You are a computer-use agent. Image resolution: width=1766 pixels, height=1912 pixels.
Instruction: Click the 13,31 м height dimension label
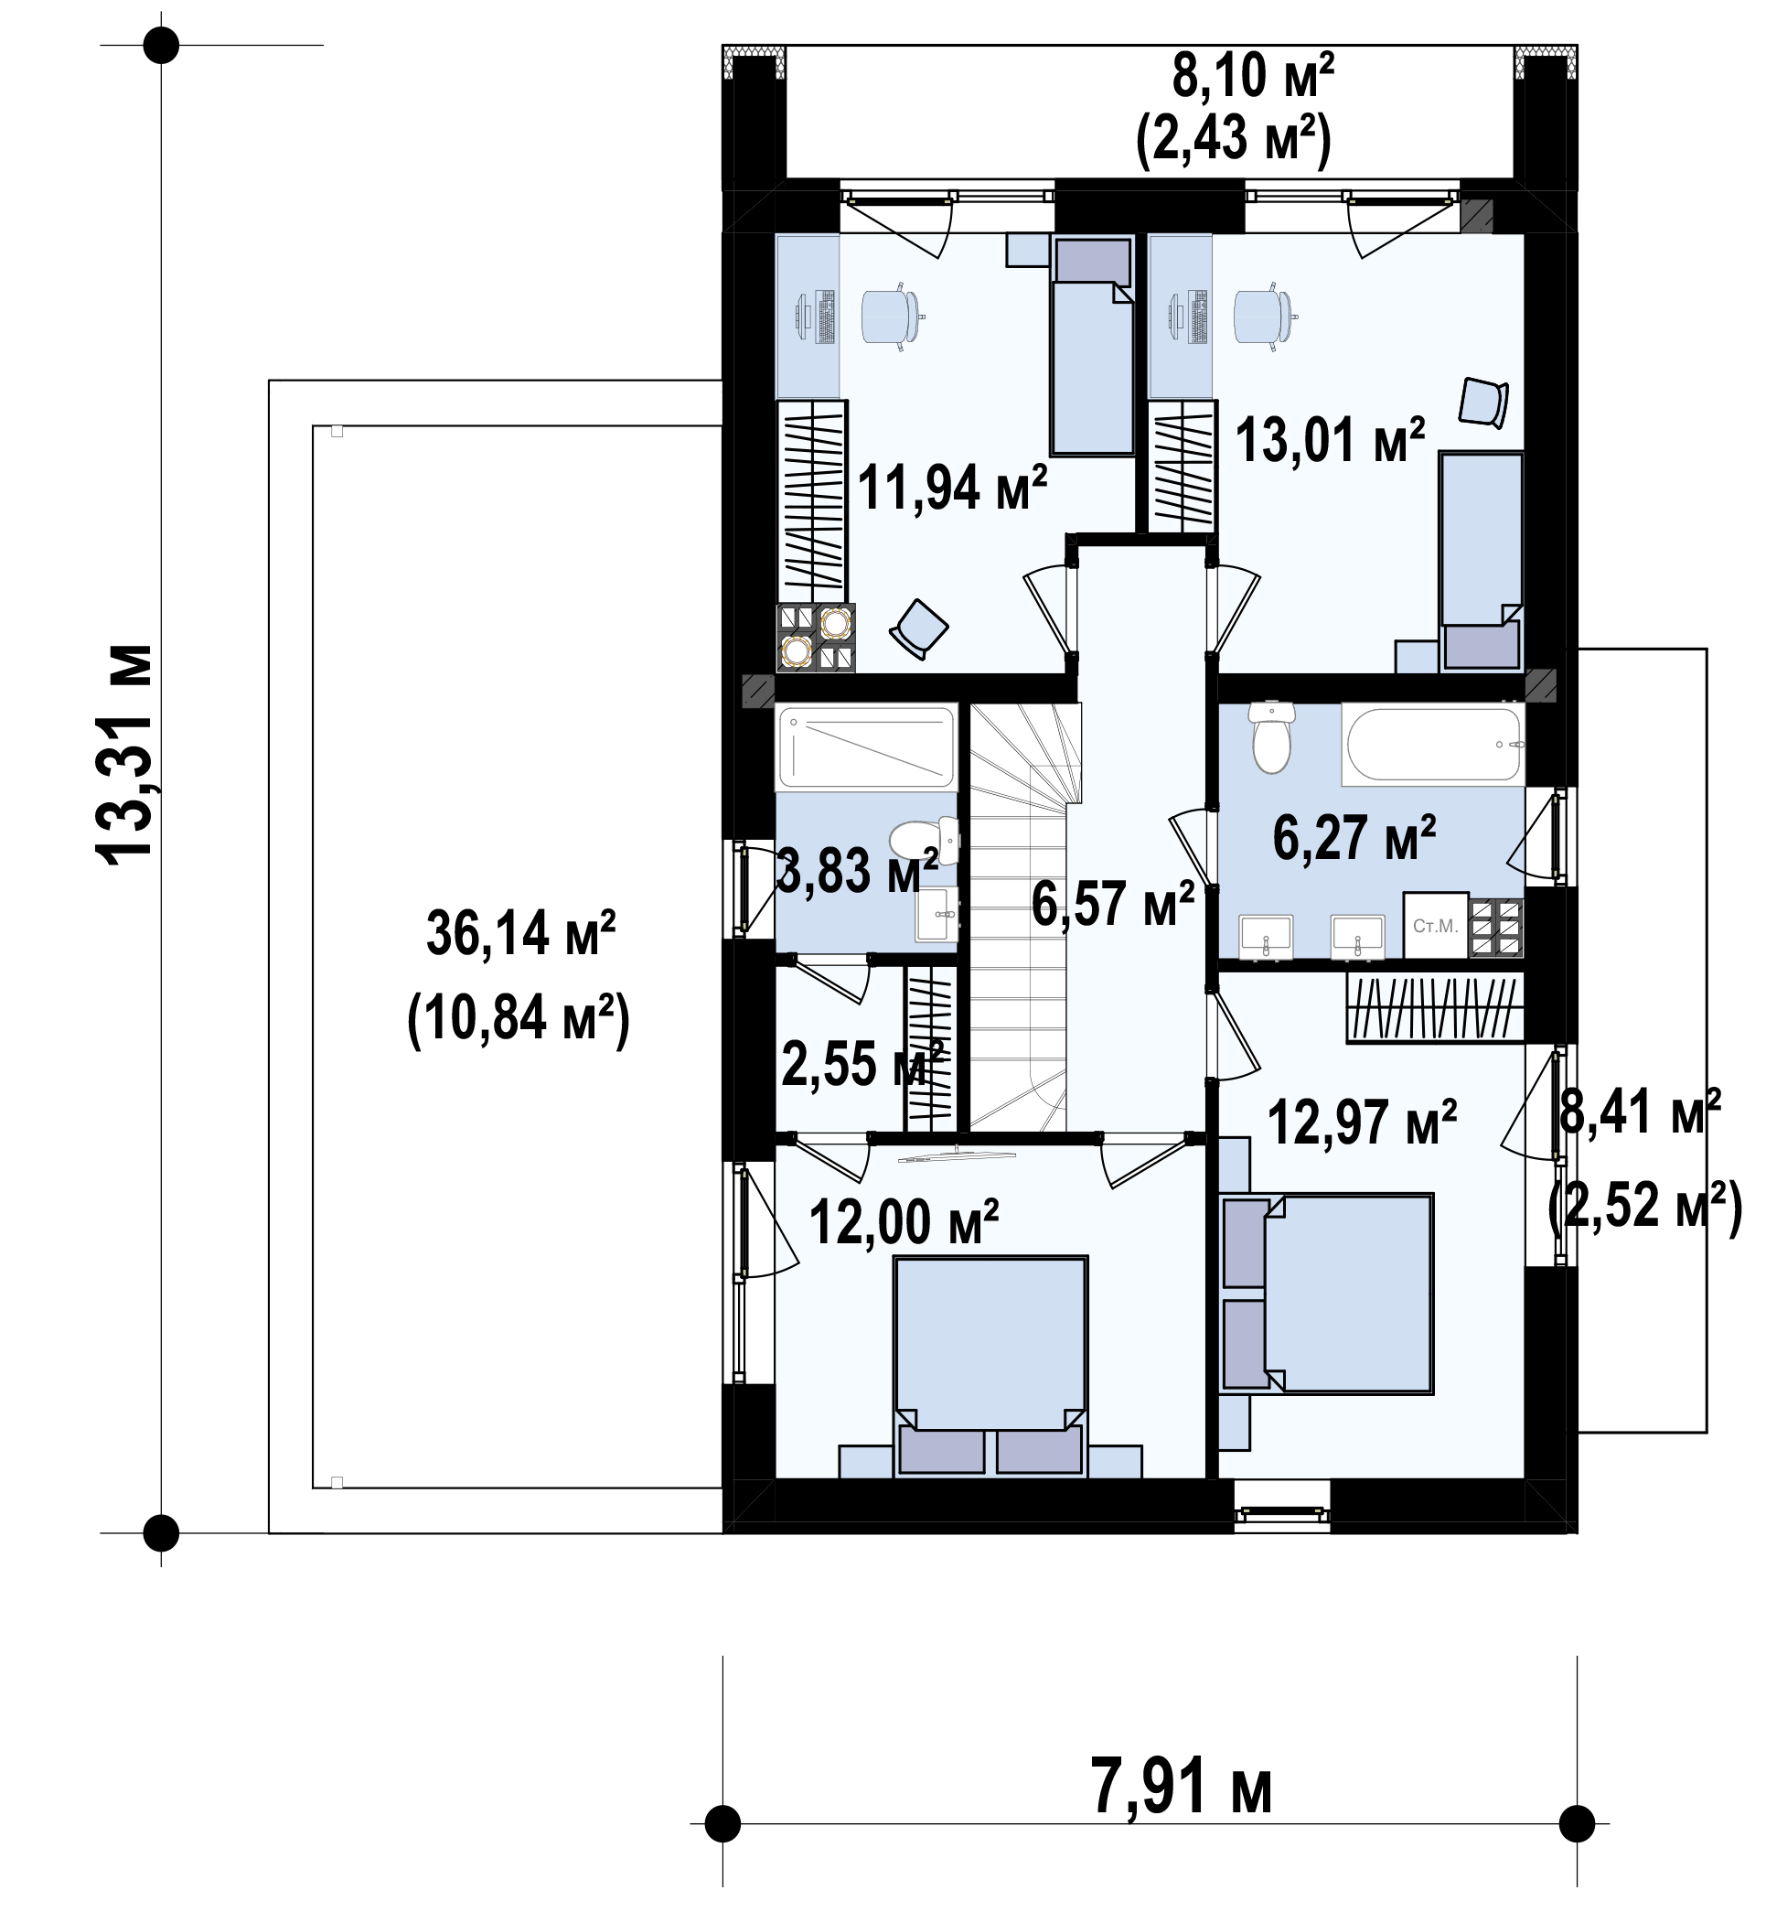click(x=125, y=756)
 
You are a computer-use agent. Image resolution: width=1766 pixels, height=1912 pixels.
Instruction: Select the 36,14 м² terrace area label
click(x=520, y=934)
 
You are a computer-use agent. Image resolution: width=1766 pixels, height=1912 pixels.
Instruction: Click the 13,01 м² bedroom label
click(x=1331, y=440)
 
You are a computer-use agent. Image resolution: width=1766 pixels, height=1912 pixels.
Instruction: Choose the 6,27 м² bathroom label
click(x=1354, y=837)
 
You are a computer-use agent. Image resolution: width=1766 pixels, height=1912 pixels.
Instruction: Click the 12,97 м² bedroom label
click(x=1362, y=1122)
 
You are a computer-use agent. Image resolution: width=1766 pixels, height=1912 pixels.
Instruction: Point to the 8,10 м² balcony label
click(x=1252, y=76)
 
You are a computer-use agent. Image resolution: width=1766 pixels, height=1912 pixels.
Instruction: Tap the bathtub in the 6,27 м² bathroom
click(x=1432, y=745)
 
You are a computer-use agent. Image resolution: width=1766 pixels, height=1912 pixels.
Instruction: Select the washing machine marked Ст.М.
click(x=1435, y=926)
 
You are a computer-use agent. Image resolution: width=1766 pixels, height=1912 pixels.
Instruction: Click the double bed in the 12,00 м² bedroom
click(x=990, y=1367)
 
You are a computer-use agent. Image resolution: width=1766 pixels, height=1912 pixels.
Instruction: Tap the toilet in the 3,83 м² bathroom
click(x=924, y=840)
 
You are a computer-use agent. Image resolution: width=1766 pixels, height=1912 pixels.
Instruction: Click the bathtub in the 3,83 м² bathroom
click(x=866, y=747)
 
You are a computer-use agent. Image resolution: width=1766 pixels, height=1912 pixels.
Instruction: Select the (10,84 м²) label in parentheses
click(x=519, y=1019)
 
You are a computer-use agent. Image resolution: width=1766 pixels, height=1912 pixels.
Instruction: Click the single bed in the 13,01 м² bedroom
click(x=1482, y=561)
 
